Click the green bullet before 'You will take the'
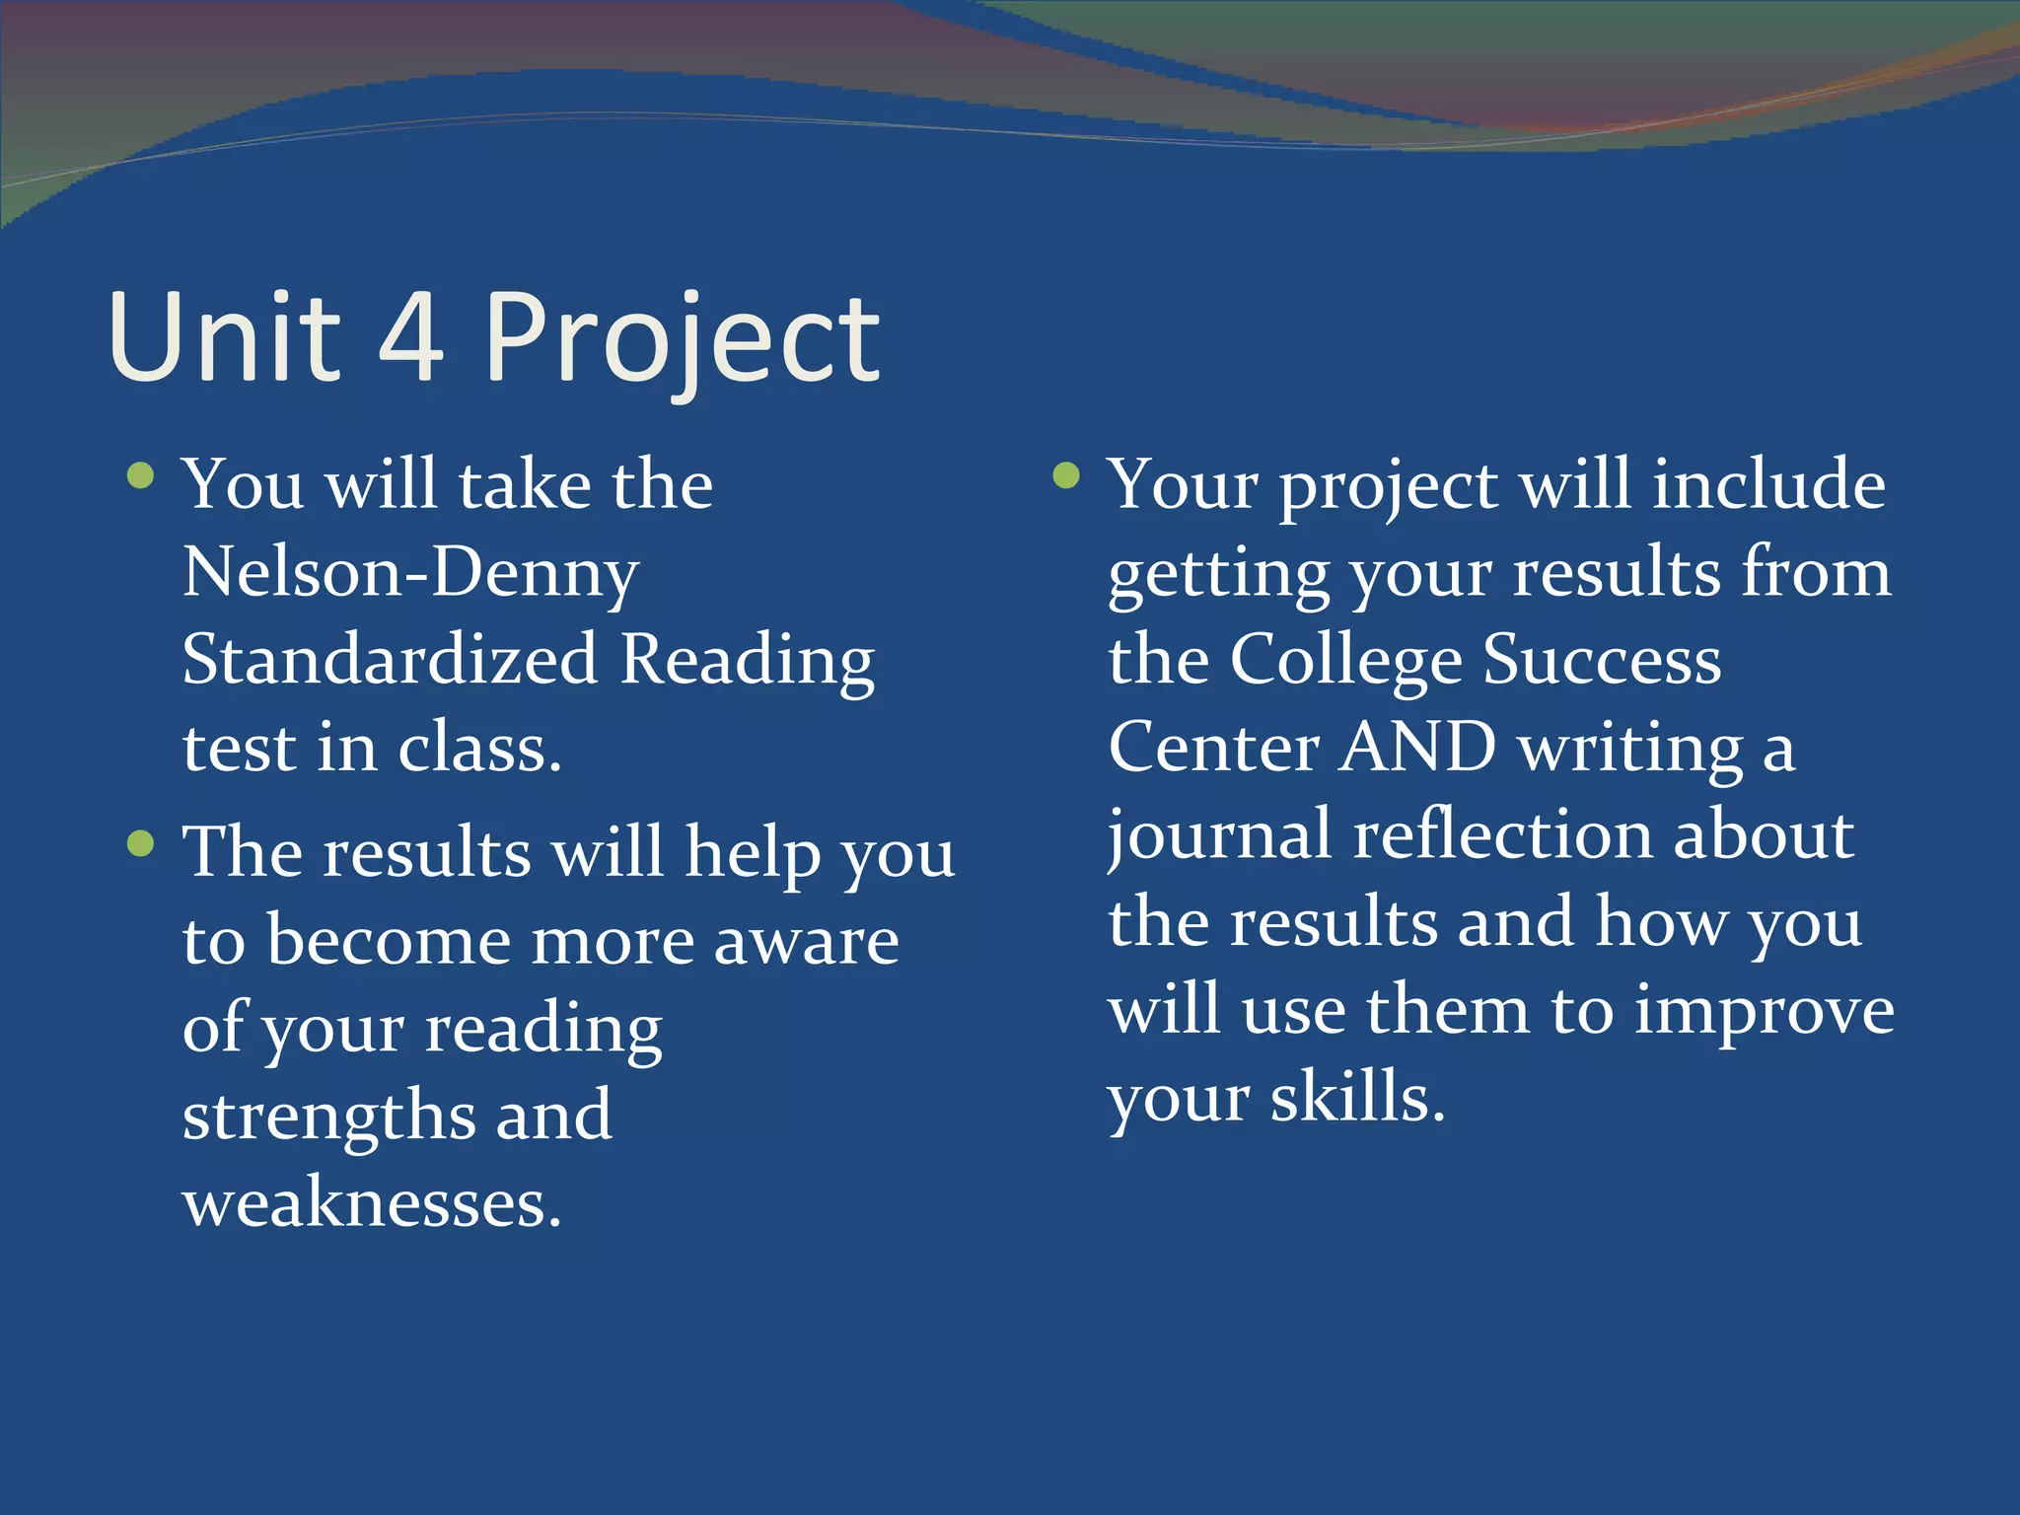pyautogui.click(x=141, y=476)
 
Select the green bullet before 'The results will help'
pyautogui.click(x=141, y=843)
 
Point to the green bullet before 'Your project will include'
pyautogui.click(x=1066, y=476)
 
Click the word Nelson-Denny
pyautogui.click(x=410, y=572)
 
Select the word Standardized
pyautogui.click(x=391, y=659)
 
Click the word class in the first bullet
pyautogui.click(x=479, y=747)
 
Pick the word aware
pyautogui.click(x=806, y=940)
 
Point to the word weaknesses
pyautogui.click(x=372, y=1203)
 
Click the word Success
pyautogui.click(x=1603, y=659)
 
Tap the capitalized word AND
pyautogui.click(x=1419, y=747)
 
